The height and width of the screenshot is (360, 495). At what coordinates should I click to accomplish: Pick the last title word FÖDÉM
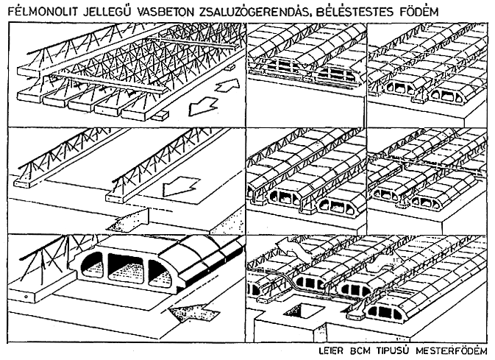419,12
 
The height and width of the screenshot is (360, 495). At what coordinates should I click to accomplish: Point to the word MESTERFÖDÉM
452,351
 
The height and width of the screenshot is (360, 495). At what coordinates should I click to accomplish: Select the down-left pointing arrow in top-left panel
203,107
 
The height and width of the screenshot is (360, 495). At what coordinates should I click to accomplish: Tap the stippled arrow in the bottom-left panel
191,313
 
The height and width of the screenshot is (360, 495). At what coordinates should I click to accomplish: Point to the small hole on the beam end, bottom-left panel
26,297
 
